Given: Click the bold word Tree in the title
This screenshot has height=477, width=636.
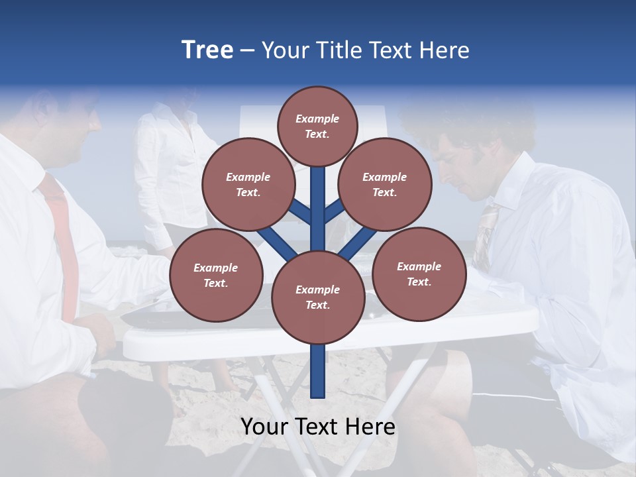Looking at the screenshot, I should (207, 50).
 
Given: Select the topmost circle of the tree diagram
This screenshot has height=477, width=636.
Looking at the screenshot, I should (317, 126).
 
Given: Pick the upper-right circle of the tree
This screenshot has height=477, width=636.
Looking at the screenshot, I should (385, 185).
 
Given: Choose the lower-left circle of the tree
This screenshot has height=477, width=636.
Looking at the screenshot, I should (216, 275).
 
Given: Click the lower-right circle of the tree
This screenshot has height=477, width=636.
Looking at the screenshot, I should (419, 274).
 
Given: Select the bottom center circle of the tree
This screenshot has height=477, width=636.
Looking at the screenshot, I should (317, 297).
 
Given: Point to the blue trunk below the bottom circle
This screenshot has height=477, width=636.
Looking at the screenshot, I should (318, 371).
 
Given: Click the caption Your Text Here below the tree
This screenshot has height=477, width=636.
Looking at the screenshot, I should (318, 427).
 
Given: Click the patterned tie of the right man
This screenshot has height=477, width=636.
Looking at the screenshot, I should (484, 232).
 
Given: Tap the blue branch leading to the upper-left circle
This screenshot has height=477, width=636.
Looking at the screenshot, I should (300, 212).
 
